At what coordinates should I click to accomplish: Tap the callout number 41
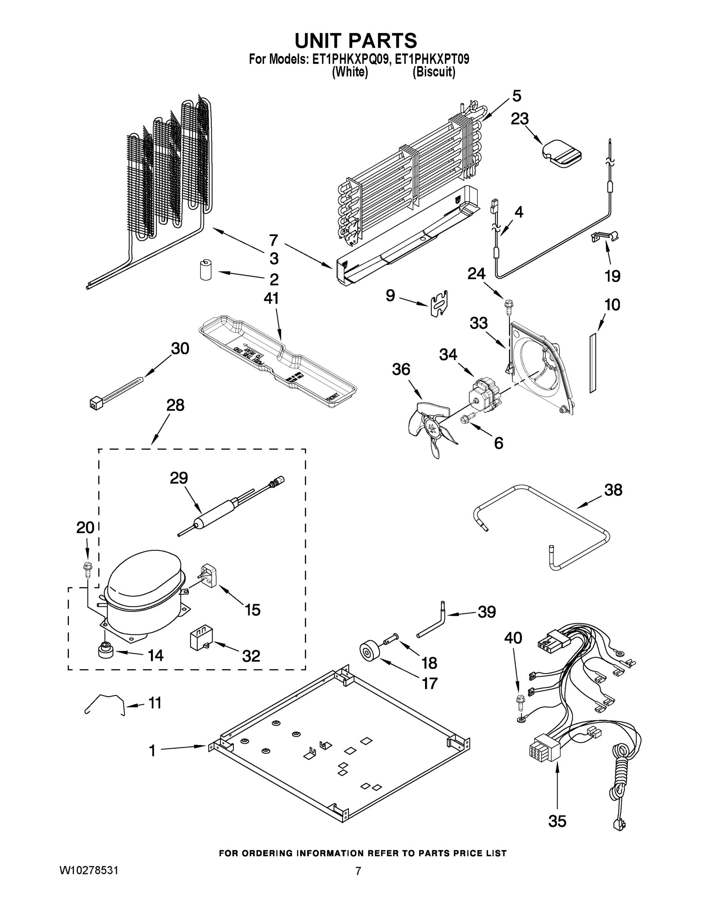coord(271,299)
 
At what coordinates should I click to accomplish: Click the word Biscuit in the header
coord(434,72)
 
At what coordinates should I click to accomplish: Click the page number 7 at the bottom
coord(358,871)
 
